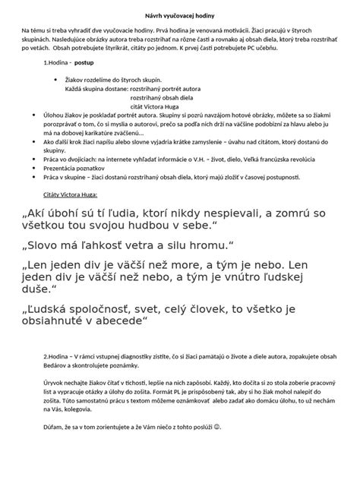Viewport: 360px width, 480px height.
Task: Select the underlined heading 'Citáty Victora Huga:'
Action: click(78, 195)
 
